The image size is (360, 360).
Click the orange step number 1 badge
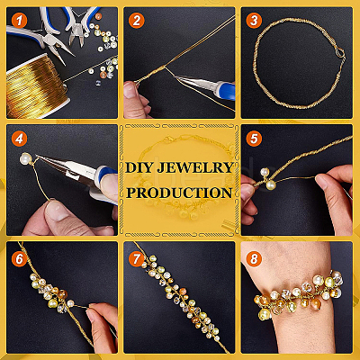coord(20,21)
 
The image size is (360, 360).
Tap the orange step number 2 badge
coord(137,21)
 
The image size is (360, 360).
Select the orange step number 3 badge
coord(254,21)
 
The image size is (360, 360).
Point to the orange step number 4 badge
coord(20,139)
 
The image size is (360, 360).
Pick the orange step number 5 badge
coord(254,139)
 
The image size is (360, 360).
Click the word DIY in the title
coord(139,167)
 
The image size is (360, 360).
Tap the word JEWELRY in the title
coord(195,167)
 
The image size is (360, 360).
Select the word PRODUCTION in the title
coord(179,193)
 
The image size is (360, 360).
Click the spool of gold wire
coord(36,87)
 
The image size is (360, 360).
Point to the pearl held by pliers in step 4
coord(26,158)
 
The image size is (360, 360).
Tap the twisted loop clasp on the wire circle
coord(339,54)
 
